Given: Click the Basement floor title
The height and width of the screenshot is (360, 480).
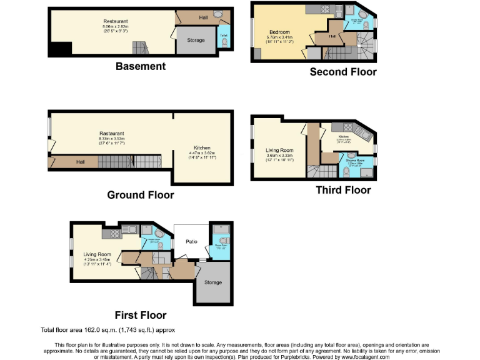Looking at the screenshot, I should pyautogui.click(x=140, y=66).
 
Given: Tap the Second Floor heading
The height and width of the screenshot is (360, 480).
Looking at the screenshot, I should pyautogui.click(x=343, y=72).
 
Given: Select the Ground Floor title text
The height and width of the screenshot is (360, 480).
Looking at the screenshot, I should pyautogui.click(x=140, y=195).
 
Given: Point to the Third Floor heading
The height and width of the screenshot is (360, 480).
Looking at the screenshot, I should pyautogui.click(x=343, y=190).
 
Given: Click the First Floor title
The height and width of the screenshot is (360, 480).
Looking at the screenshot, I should pyautogui.click(x=140, y=314).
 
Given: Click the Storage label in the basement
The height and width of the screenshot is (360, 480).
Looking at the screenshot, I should pyautogui.click(x=196, y=41).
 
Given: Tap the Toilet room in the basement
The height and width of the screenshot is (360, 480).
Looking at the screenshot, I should pyautogui.click(x=223, y=37).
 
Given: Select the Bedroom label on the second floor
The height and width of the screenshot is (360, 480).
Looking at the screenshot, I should pyautogui.click(x=279, y=32).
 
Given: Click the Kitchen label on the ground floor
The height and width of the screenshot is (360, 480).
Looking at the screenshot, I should pyautogui.click(x=201, y=147).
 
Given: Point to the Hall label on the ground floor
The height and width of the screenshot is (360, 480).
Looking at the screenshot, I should pyautogui.click(x=81, y=162).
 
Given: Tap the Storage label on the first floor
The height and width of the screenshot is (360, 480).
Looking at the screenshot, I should pyautogui.click(x=213, y=282).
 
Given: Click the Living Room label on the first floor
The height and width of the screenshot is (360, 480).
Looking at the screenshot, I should pyautogui.click(x=97, y=254).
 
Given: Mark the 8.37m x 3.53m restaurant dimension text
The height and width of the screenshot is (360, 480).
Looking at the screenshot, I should pyautogui.click(x=112, y=139).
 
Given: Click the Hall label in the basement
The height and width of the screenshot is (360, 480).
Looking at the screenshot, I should pyautogui.click(x=203, y=17).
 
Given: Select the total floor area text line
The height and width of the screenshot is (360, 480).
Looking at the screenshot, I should pyautogui.click(x=107, y=329).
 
